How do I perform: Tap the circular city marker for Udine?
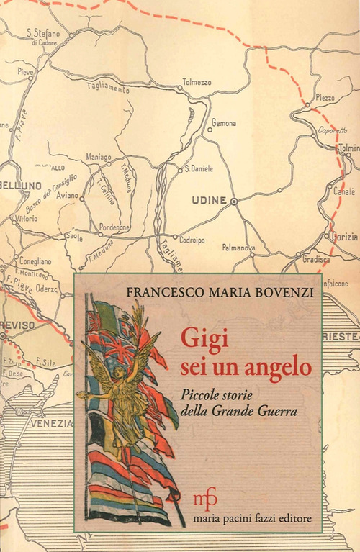tap(233, 202)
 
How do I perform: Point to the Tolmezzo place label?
tap(197, 82)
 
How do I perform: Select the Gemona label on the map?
tap(222, 123)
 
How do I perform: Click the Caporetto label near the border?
tap(331, 131)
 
